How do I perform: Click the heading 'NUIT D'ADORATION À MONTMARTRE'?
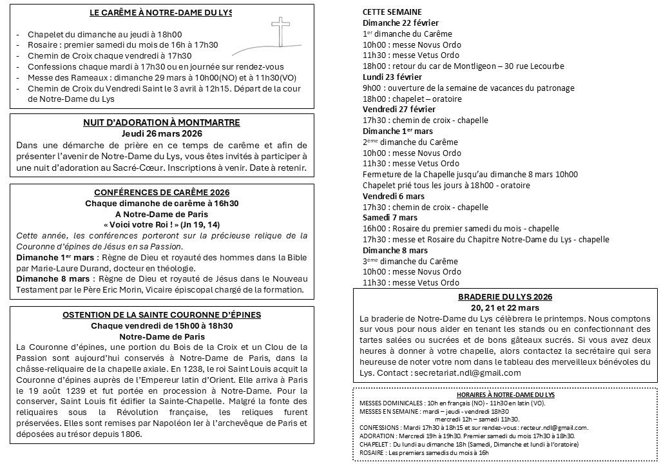click(162, 122)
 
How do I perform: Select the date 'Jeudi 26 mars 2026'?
click(162, 133)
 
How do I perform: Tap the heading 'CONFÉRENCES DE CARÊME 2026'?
click(162, 192)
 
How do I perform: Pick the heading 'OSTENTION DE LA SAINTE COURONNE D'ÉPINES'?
click(162, 314)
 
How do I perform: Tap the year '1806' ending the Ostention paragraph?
click(129, 434)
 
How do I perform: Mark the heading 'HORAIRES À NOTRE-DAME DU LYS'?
click(505, 394)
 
